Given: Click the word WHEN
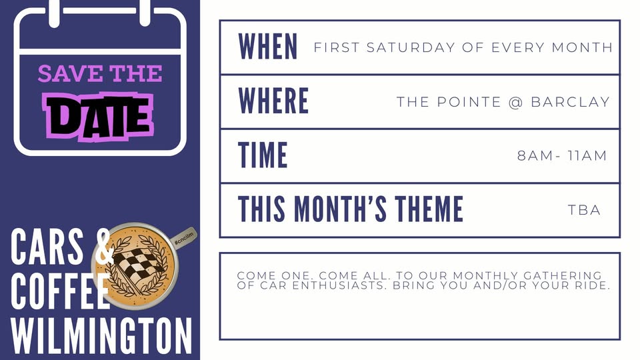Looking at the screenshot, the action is [x=268, y=47].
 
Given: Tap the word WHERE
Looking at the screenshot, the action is [x=273, y=101].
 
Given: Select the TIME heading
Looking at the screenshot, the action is [x=263, y=155].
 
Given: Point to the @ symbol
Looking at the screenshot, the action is [x=516, y=102].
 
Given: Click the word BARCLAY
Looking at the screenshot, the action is [x=570, y=101].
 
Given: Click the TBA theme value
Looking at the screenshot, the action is [x=584, y=210].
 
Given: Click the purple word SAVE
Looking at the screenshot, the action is [x=70, y=73].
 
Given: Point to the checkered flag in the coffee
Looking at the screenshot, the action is [x=137, y=265].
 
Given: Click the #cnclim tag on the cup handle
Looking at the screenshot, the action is [x=184, y=238].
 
